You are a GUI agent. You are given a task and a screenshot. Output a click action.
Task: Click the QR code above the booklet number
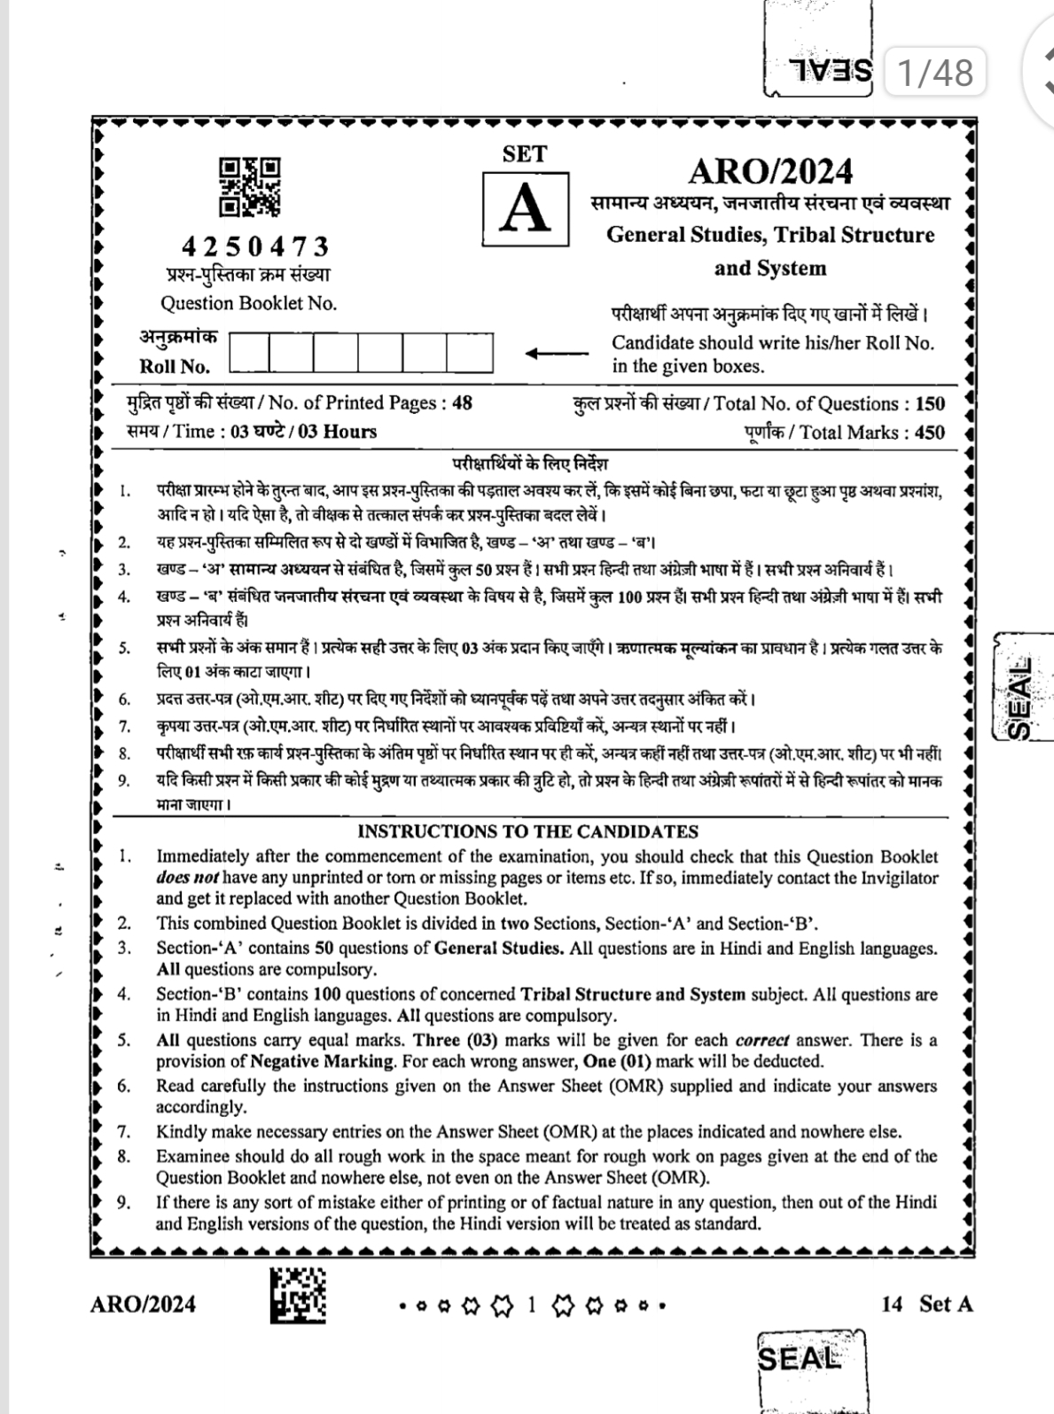point(250,187)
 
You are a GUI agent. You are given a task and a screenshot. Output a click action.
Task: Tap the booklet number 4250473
point(255,246)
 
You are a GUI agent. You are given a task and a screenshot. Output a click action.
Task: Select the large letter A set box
point(526,207)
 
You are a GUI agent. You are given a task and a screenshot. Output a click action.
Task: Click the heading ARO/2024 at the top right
point(770,170)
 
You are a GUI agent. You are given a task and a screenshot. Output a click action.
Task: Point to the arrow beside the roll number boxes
point(556,353)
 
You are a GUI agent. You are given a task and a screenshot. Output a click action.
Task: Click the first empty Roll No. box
point(249,353)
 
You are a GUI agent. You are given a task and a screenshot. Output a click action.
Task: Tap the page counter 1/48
point(934,72)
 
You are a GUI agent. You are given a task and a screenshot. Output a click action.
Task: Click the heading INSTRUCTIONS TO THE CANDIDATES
point(527,832)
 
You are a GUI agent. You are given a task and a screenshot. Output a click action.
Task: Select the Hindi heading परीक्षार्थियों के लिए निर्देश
point(530,464)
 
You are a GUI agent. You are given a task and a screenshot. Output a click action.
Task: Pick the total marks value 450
point(929,433)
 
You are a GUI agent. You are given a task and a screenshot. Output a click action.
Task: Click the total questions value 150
point(930,404)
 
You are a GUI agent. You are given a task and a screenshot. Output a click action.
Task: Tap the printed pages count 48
point(462,403)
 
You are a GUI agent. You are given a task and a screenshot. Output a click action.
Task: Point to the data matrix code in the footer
point(298,1294)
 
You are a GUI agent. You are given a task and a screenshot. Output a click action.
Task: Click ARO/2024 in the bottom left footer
point(143,1304)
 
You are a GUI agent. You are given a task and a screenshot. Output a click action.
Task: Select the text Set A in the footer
point(946,1304)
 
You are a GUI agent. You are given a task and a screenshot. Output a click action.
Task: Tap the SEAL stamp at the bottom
point(798,1359)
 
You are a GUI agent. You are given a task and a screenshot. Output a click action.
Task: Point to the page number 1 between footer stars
point(532,1305)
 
